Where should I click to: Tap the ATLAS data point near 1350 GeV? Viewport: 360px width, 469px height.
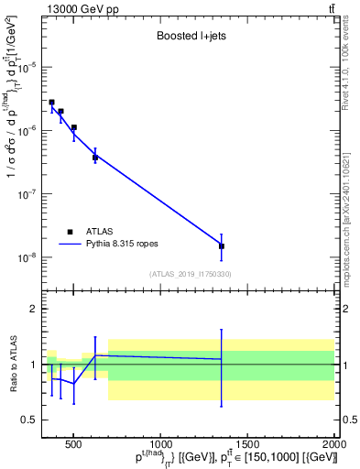coord(222,246)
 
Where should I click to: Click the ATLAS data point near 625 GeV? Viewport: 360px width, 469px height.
coord(95,158)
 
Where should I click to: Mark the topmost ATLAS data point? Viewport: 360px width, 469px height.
coord(51,103)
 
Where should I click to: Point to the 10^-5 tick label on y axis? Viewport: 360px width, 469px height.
coord(29,67)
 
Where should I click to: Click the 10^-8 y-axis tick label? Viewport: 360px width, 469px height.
coord(29,257)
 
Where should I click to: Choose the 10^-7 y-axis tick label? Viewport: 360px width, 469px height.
coord(29,194)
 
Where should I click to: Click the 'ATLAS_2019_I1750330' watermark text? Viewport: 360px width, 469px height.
coord(191,274)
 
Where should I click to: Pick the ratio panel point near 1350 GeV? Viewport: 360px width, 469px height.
coord(222,359)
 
